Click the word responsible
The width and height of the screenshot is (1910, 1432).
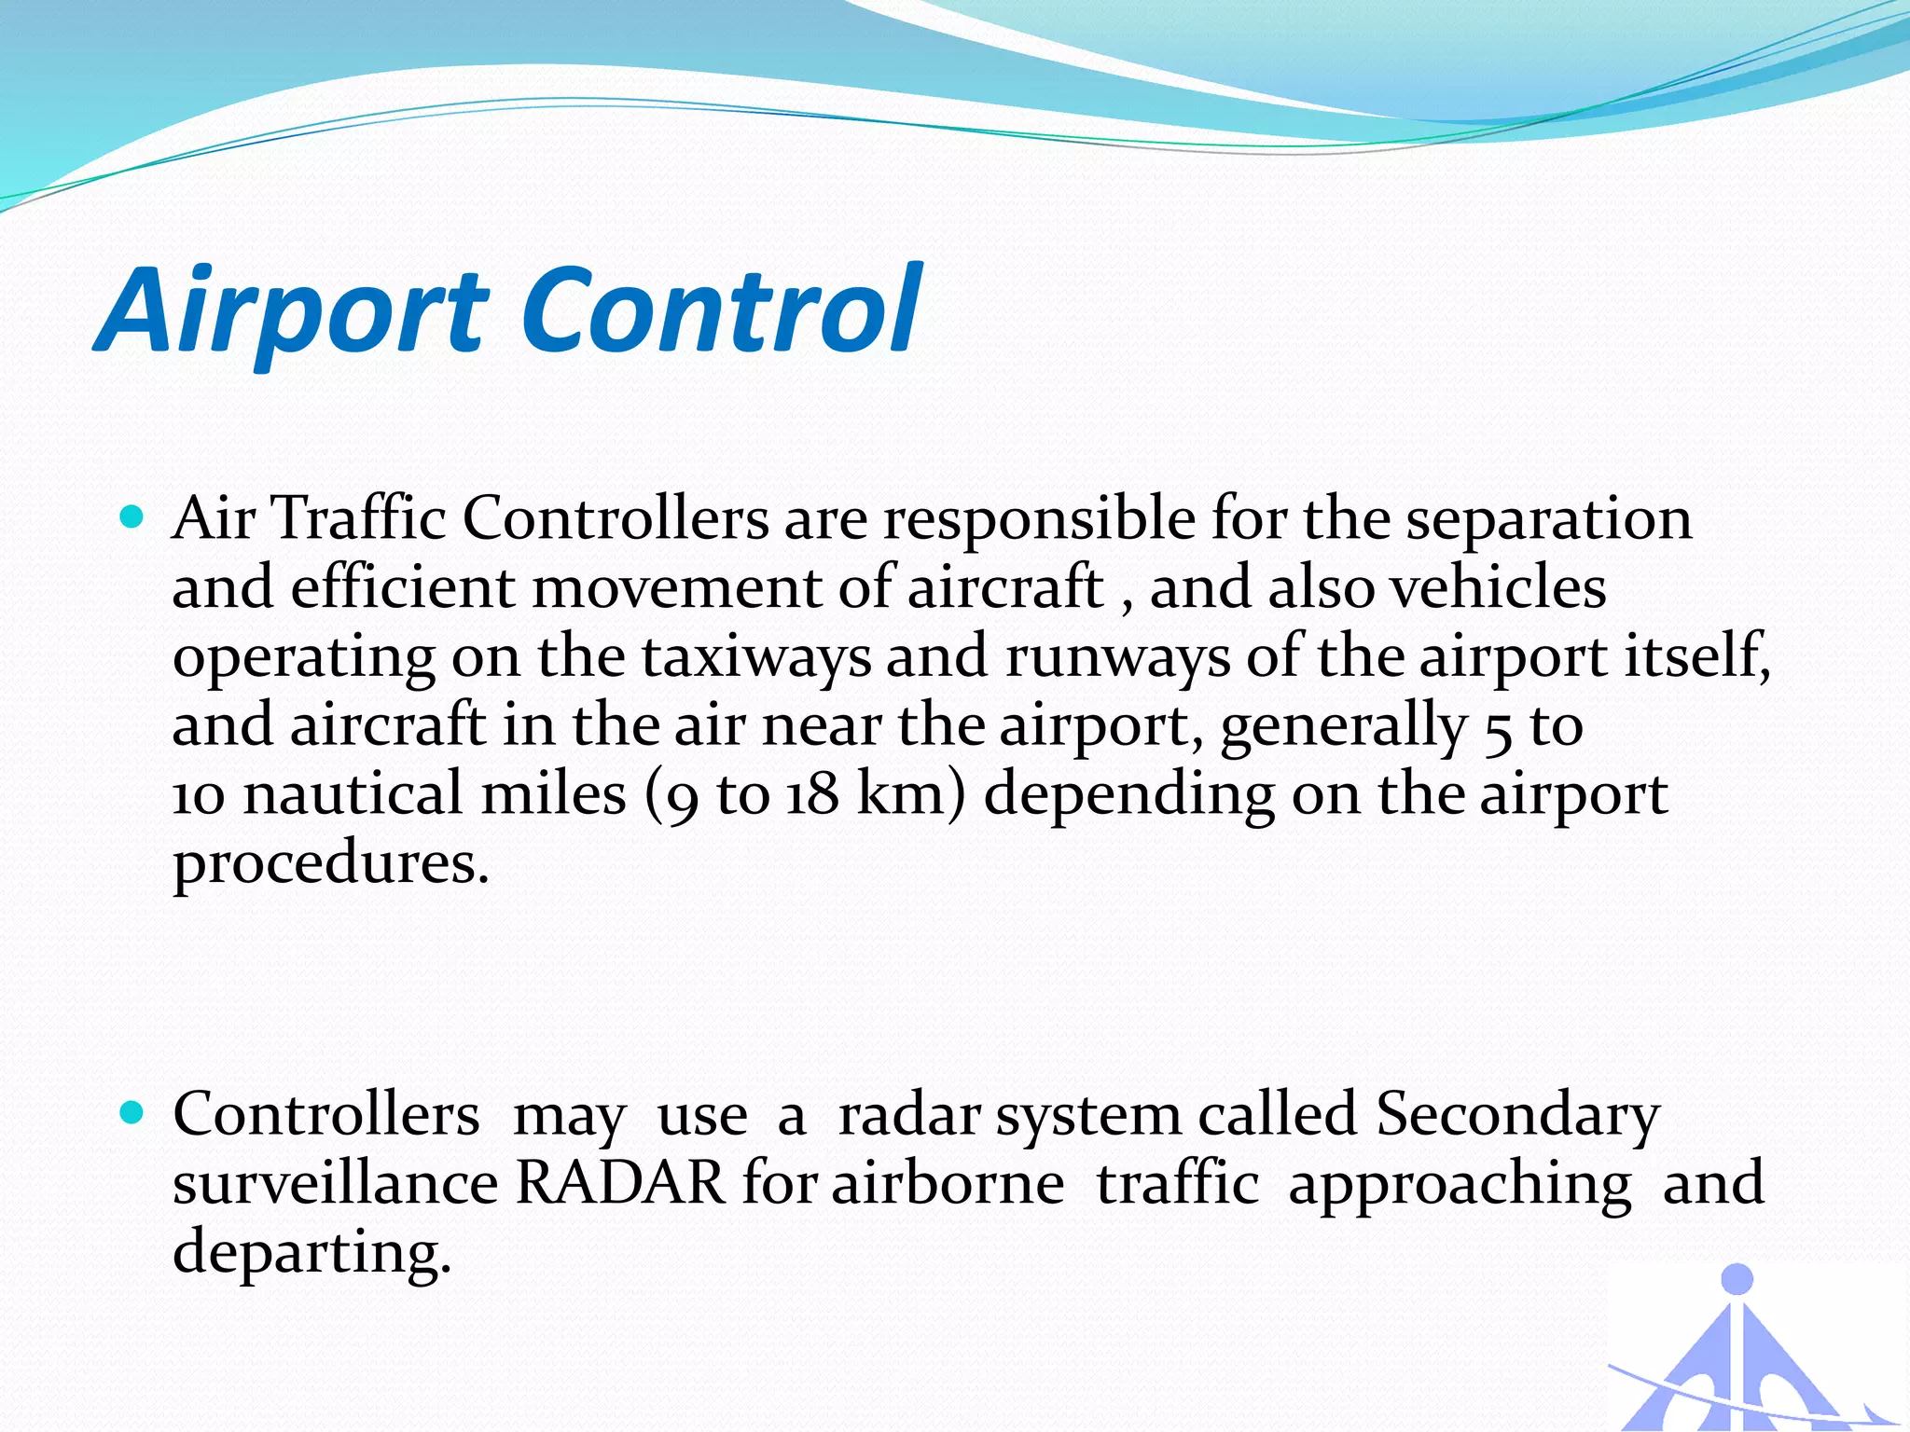point(1039,519)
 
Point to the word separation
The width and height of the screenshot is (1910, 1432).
point(1548,519)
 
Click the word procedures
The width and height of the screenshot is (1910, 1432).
point(330,865)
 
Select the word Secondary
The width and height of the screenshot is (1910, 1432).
point(1517,1115)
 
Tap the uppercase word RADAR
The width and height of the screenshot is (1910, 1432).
point(620,1183)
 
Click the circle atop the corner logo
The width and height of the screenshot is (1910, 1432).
point(1737,1279)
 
